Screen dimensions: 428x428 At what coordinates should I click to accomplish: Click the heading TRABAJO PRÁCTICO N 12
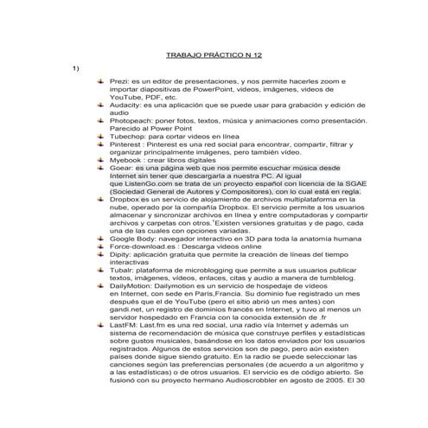tap(213, 54)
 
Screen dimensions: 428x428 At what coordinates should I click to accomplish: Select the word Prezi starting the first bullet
tap(118, 80)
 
